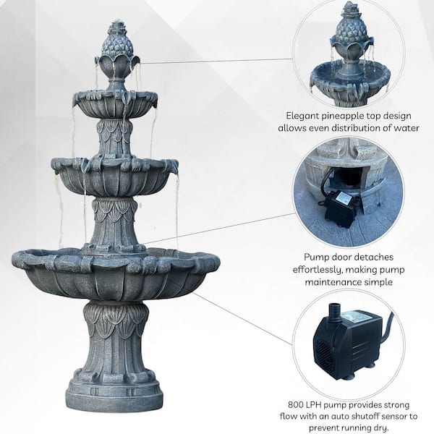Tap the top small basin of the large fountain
point(115,103)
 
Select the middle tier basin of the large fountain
point(114,176)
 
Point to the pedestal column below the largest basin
point(114,341)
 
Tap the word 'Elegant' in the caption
point(302,116)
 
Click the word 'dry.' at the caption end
point(380,428)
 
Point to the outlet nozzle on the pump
point(333,312)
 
